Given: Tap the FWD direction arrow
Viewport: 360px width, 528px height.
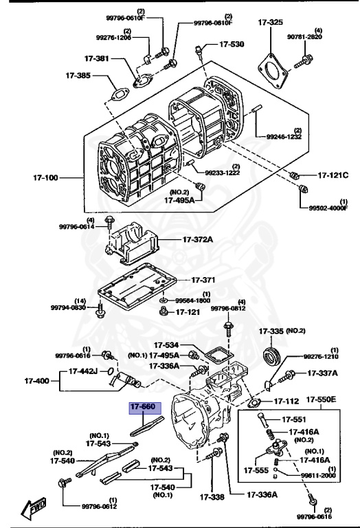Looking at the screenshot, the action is [x=33, y=507].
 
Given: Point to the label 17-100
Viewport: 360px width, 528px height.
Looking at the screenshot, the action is [x=45, y=177].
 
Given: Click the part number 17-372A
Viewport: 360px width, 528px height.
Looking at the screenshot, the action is [x=198, y=240].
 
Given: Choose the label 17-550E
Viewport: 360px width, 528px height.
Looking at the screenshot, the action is [x=321, y=400].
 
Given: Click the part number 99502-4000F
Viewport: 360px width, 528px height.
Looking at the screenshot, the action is [x=328, y=208].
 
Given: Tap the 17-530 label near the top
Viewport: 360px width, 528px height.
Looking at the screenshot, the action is [x=232, y=44].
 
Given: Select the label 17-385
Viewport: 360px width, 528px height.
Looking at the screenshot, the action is [x=78, y=76].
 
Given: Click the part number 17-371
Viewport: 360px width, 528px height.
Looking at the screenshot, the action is [x=203, y=280].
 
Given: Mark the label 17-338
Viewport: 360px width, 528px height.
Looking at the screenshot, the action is [x=212, y=496].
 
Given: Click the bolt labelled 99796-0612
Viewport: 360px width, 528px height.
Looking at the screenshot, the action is [x=65, y=484].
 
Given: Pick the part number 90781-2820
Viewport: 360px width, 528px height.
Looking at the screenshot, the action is [x=304, y=36].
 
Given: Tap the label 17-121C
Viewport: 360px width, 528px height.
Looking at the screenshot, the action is [x=333, y=175].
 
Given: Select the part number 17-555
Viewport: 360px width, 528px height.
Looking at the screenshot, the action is [x=256, y=470].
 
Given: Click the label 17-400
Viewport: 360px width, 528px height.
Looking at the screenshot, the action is [x=36, y=381].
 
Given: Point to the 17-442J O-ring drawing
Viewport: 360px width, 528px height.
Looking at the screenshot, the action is [x=110, y=371].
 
